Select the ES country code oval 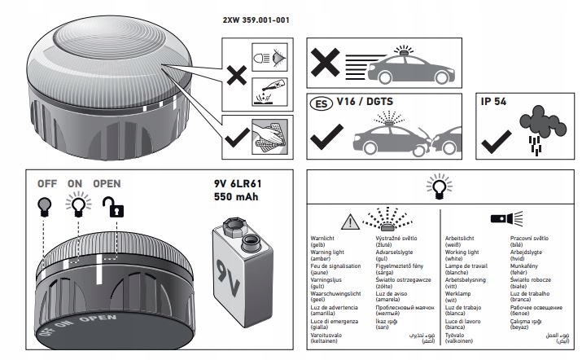[x=322, y=103]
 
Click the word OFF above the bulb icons [x=47, y=183]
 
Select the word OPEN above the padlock [x=107, y=183]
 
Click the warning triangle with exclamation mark [x=348, y=220]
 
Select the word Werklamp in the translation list [x=462, y=299]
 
